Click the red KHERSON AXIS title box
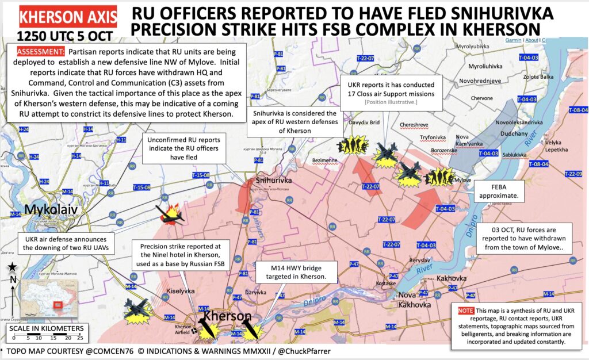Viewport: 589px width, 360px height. [x=68, y=17]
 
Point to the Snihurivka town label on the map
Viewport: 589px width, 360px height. [x=274, y=181]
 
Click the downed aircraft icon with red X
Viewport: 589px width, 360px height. [x=171, y=215]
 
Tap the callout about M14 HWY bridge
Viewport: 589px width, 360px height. [x=290, y=273]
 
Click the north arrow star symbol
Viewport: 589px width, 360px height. [x=12, y=266]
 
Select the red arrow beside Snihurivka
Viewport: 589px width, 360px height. [x=240, y=196]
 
